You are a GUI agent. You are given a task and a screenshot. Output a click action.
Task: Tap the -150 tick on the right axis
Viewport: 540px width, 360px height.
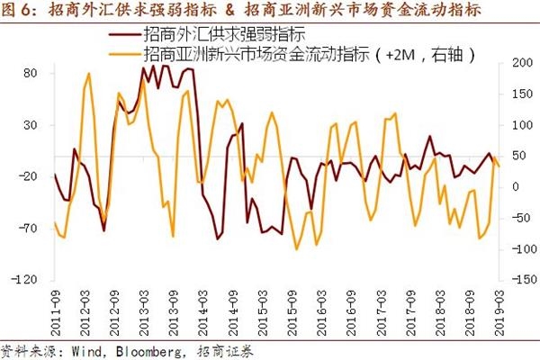[517, 280]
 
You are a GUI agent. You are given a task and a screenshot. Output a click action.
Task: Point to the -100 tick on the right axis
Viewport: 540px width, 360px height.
[517, 249]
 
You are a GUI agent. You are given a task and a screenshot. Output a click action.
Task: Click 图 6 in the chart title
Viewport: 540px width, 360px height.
[20, 11]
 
